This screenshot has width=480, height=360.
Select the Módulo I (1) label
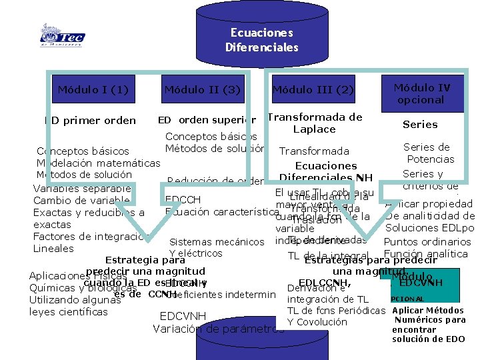(93, 89)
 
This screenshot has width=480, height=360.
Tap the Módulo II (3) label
(202, 89)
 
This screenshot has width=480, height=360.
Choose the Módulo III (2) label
(313, 89)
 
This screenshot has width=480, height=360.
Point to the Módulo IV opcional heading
(421, 93)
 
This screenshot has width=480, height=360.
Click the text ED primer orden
(90, 121)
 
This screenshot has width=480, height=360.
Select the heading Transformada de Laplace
(315, 123)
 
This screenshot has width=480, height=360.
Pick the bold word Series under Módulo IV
(420, 125)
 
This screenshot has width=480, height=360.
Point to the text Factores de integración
(91, 237)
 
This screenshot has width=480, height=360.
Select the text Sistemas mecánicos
(217, 241)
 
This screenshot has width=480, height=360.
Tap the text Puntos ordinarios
(428, 241)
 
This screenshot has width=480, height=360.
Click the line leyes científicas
(69, 311)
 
